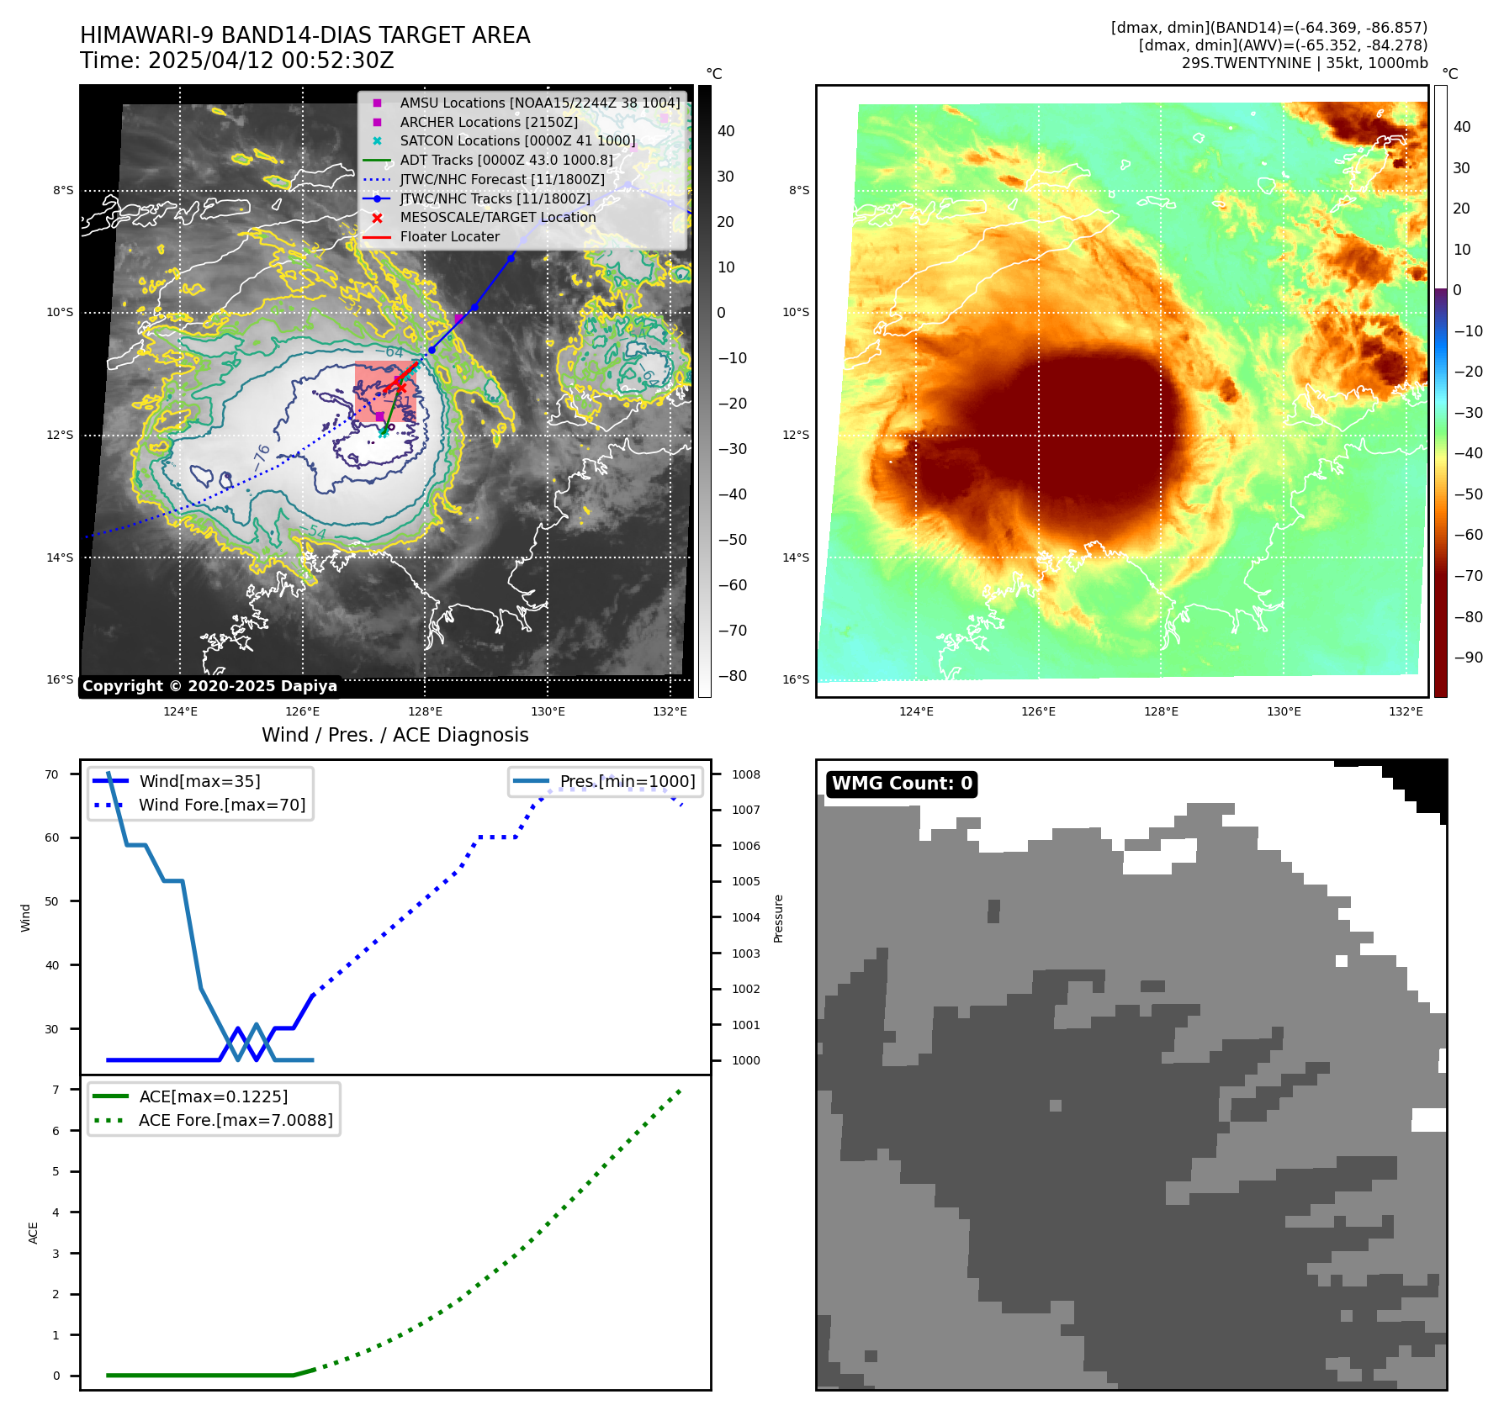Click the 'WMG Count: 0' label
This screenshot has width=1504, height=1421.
click(901, 784)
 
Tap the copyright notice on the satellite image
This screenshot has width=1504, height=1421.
click(209, 686)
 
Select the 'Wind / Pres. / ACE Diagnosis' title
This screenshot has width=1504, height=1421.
click(395, 735)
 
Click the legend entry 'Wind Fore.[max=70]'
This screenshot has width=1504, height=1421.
click(222, 805)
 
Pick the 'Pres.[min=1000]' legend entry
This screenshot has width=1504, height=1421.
click(628, 781)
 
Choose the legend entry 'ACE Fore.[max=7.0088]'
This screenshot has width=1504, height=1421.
click(236, 1120)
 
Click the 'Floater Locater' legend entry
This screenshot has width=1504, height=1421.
click(449, 237)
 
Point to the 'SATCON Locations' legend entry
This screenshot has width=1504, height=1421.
click(516, 141)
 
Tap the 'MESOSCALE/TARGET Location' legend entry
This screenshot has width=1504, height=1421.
click(497, 218)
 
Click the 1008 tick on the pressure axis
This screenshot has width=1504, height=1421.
click(745, 774)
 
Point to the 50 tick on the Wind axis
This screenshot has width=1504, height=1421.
click(52, 901)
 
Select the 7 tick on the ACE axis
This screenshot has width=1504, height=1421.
click(56, 1090)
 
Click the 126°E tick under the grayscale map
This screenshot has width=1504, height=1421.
click(303, 711)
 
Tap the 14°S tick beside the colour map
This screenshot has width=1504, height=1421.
click(796, 557)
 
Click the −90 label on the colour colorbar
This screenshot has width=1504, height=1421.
click(1468, 658)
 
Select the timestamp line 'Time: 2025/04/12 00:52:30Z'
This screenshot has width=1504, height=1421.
click(237, 61)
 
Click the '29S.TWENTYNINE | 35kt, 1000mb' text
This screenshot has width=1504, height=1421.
click(1305, 63)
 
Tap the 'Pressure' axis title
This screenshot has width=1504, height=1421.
click(778, 918)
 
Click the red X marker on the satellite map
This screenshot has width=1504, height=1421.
click(400, 387)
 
